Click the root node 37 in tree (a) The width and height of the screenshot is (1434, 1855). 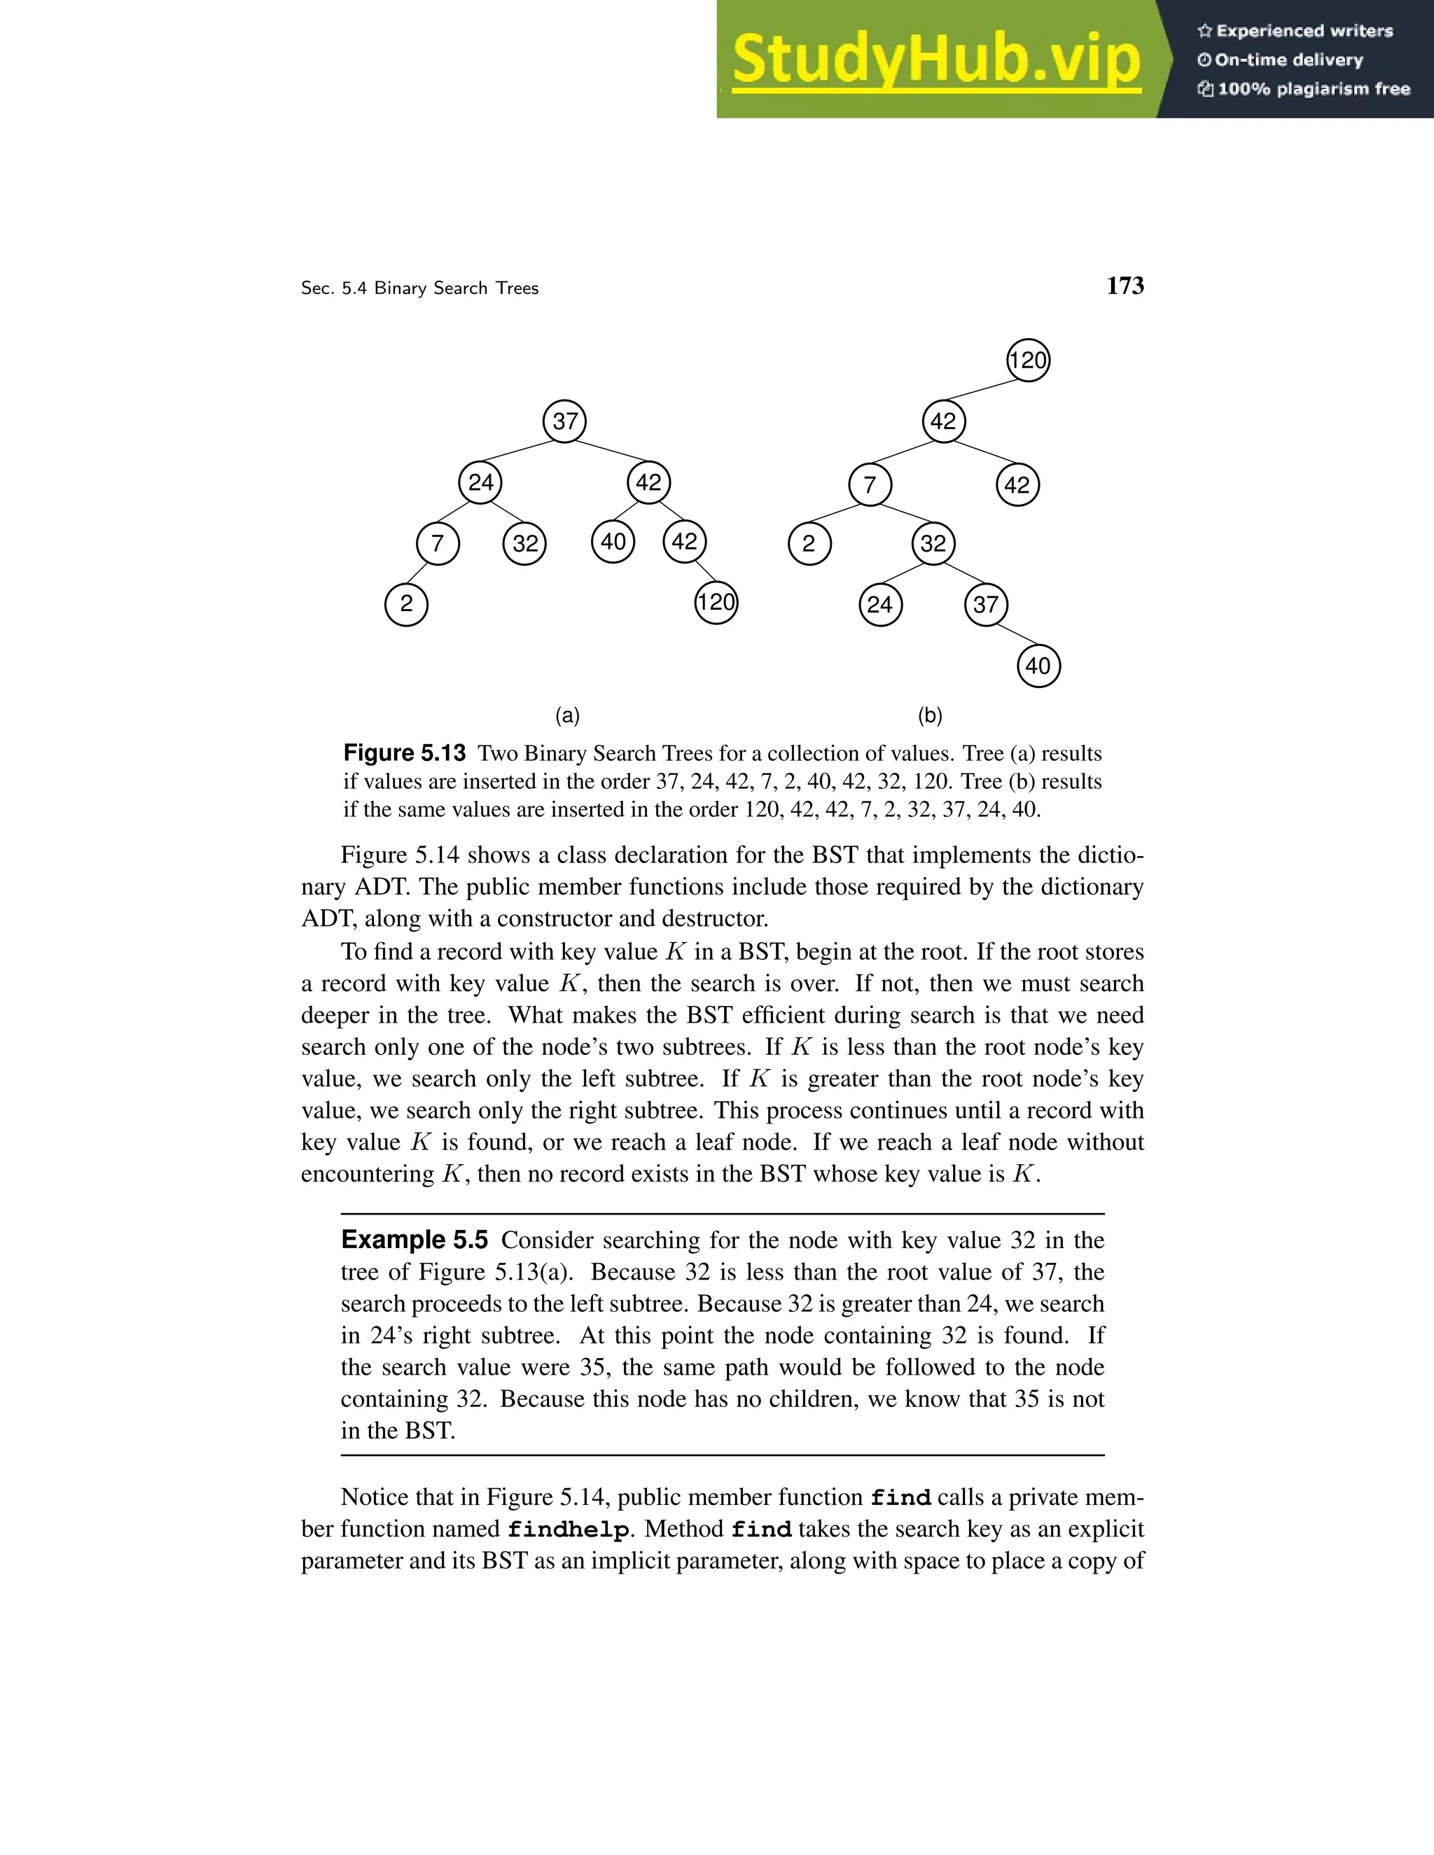point(565,421)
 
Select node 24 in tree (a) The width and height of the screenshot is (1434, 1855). point(481,482)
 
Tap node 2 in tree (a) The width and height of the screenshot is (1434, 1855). point(406,604)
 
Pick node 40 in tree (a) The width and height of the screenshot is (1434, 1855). point(613,542)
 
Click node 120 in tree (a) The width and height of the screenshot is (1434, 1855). point(716,602)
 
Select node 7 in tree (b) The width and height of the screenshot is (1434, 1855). point(870,485)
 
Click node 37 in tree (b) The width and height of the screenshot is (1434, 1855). point(985,605)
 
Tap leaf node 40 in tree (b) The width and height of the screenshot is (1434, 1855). point(1038,666)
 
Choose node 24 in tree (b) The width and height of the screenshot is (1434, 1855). point(880,605)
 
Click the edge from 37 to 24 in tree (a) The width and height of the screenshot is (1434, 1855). point(522,452)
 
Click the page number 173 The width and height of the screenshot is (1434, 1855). point(1125,286)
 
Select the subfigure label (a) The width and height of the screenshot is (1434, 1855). point(567,715)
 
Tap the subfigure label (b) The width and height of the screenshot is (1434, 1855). point(931,715)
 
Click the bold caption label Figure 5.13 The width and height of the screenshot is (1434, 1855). point(405,752)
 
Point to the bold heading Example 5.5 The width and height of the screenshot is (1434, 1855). point(415,1240)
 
